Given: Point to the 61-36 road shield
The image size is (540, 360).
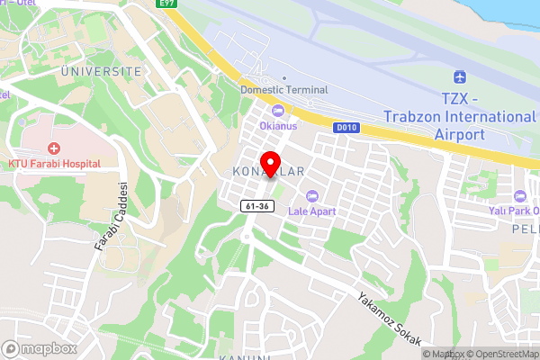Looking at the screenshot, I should (x=257, y=206).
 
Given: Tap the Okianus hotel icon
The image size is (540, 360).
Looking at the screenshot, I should (x=277, y=111).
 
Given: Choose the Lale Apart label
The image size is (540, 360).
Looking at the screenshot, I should (x=311, y=211).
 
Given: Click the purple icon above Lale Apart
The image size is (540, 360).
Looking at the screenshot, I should (x=312, y=195).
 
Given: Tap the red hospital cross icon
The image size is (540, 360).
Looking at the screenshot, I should (x=54, y=148).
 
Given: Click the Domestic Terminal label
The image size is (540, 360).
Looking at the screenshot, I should (x=284, y=90).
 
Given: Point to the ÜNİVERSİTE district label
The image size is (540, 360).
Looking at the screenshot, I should (x=102, y=70).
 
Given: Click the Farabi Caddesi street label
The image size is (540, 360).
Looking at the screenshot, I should (x=110, y=216).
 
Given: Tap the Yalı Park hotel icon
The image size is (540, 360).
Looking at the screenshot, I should (x=518, y=196).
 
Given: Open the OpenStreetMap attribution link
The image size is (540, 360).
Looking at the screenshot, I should (x=499, y=354).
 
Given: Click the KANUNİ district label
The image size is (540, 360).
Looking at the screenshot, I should (x=245, y=357).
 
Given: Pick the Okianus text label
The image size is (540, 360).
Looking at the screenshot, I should (x=277, y=125).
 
